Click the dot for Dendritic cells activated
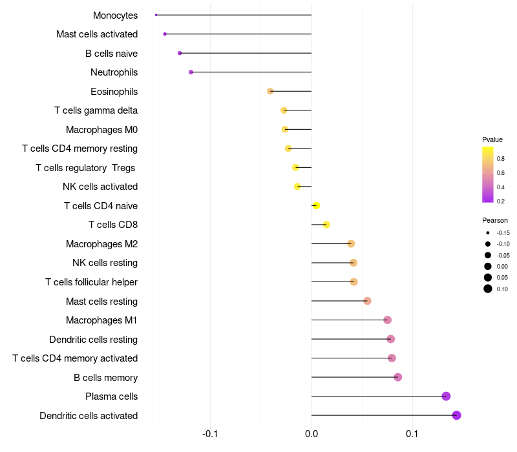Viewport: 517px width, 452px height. tap(456, 415)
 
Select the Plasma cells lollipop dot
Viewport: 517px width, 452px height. tap(446, 396)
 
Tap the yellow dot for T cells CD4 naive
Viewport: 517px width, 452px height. tap(316, 206)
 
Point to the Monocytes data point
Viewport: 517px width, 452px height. tap(156, 15)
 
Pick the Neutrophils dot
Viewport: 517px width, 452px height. tap(191, 72)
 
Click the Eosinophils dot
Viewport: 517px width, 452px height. tap(270, 91)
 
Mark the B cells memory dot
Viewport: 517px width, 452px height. tap(397, 377)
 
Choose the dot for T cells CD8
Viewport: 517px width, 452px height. tap(326, 225)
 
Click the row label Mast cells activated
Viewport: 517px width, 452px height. tap(97, 34)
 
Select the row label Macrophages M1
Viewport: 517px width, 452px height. tap(101, 320)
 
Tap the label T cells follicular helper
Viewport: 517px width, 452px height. tap(91, 282)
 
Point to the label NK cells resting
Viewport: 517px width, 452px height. tap(105, 263)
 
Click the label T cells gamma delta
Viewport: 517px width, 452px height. tap(96, 110)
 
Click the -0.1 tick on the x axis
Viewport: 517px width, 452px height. tap(210, 433)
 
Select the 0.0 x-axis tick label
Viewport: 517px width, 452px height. tap(311, 433)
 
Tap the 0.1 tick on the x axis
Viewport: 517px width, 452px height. tap(412, 433)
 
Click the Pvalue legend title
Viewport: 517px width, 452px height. tap(492, 139)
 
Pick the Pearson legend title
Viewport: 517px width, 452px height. tap(494, 220)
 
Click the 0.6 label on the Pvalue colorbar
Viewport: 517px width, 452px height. tap(501, 172)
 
